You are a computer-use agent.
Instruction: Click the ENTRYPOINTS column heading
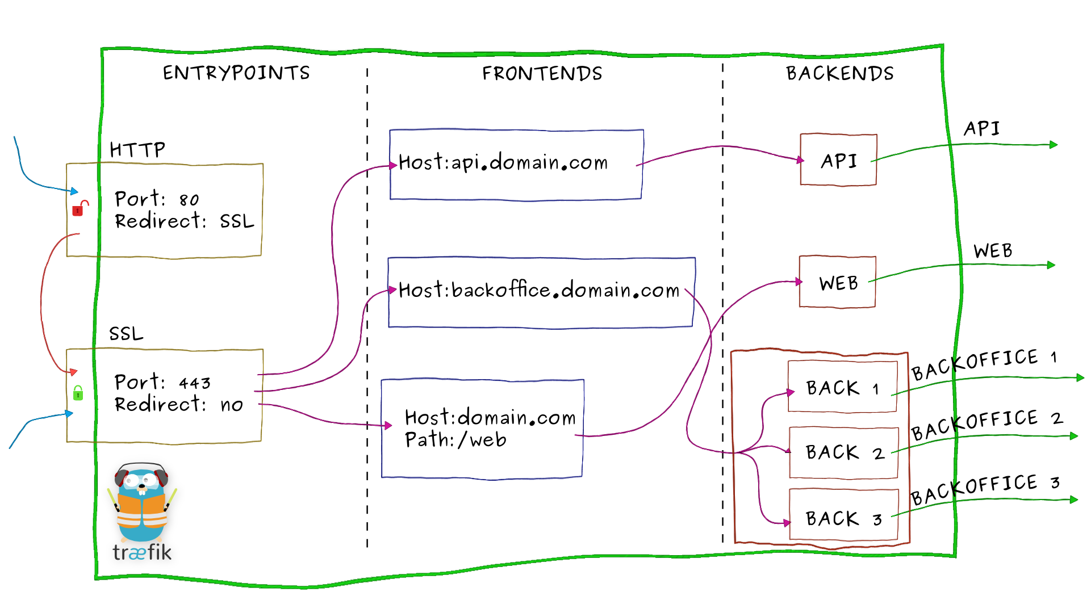[x=236, y=73]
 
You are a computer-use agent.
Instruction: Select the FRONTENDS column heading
[x=542, y=73]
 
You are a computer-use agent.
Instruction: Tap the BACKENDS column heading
[x=839, y=73]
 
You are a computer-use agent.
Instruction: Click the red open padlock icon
[x=80, y=208]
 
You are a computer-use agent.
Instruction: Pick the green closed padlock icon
[x=78, y=392]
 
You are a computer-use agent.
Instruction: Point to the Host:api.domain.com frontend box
[x=516, y=165]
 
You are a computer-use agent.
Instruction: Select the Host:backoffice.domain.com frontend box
[x=541, y=292]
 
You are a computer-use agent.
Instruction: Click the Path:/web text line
[x=455, y=440]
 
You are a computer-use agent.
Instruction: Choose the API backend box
[x=838, y=160]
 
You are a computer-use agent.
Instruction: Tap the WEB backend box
[x=837, y=282]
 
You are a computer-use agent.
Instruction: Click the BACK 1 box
[x=842, y=387]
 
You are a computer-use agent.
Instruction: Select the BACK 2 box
[x=843, y=452]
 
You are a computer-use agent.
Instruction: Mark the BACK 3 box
[x=843, y=518]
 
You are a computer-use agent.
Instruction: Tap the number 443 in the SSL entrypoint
[x=195, y=383]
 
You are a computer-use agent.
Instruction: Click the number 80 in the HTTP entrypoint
[x=189, y=200]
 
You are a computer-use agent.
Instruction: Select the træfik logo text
[x=142, y=552]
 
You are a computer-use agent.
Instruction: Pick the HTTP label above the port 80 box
[x=137, y=150]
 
